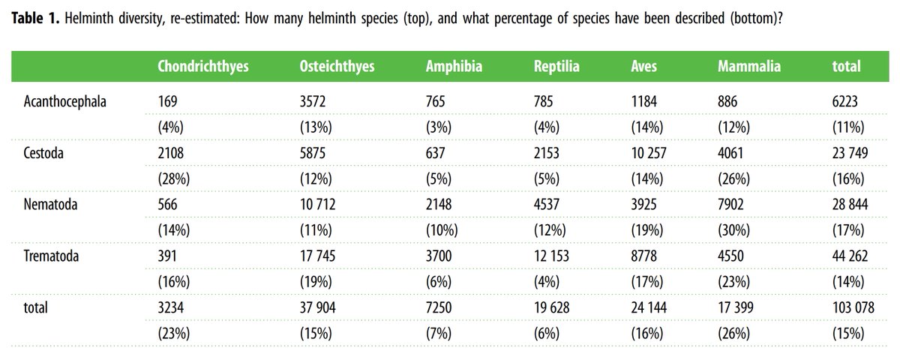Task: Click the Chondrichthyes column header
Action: click(x=202, y=67)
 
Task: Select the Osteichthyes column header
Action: click(x=337, y=67)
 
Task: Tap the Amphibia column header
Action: click(x=454, y=67)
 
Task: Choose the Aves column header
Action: click(x=643, y=67)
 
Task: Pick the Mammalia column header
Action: click(x=749, y=67)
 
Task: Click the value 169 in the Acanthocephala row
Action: click(x=168, y=101)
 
